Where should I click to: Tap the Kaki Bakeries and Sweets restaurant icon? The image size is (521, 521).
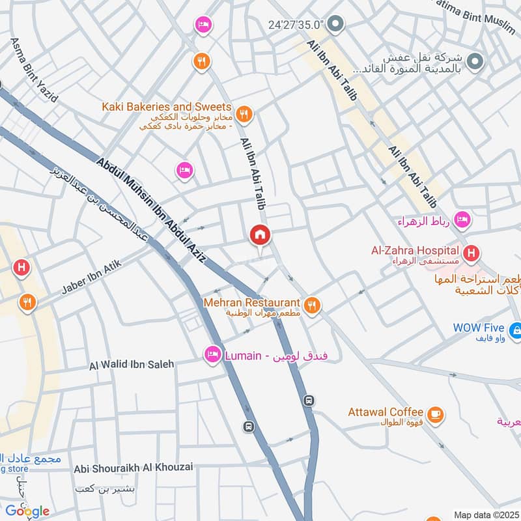[x=244, y=115]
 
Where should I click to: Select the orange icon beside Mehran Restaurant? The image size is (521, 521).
[x=313, y=305]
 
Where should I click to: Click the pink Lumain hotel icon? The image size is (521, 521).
[x=212, y=356]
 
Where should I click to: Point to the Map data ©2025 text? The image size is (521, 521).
[x=485, y=514]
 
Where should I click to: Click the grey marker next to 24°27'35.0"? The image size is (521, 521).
[x=335, y=25]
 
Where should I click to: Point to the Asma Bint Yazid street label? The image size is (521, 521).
[x=34, y=71]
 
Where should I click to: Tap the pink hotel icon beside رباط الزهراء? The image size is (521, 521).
[x=462, y=220]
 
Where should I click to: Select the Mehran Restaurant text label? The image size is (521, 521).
[x=251, y=303]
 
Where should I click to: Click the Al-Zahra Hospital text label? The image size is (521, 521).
[x=415, y=250]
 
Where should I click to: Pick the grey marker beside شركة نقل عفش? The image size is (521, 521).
[x=476, y=61]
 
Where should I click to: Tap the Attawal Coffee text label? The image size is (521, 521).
[x=386, y=412]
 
